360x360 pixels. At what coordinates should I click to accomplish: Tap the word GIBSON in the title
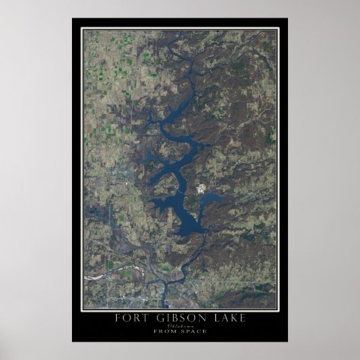coord(174,319)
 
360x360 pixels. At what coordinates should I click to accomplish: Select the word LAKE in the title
coord(217,319)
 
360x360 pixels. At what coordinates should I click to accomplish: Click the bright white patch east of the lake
coord(202,187)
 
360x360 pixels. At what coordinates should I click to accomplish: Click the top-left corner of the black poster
coord(73,19)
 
